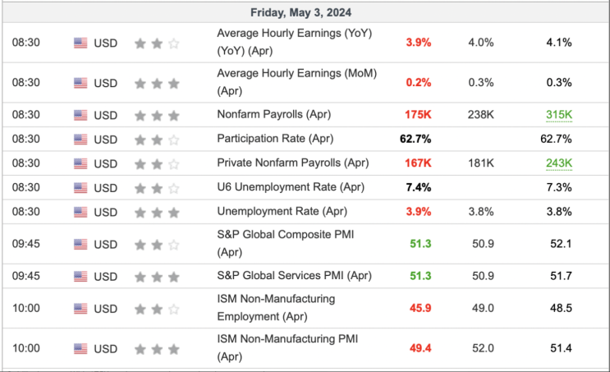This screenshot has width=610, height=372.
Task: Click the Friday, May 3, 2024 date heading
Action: (x=300, y=12)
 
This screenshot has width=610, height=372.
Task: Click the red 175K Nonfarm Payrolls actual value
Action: (x=418, y=115)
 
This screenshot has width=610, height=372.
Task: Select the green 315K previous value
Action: (x=559, y=115)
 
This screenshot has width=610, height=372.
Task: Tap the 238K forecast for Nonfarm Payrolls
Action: (x=481, y=115)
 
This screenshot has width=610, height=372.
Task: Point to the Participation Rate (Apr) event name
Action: (x=275, y=139)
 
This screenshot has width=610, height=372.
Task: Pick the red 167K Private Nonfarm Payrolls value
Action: (x=418, y=163)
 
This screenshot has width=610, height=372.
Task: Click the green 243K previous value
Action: (x=559, y=163)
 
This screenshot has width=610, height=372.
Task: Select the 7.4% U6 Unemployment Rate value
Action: (x=419, y=187)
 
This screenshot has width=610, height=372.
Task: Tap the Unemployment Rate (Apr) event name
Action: (x=282, y=211)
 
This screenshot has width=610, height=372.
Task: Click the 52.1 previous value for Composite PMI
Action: (x=561, y=244)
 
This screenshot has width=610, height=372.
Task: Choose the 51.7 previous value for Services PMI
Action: (x=561, y=276)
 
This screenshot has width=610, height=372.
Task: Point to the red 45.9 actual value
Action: (x=420, y=308)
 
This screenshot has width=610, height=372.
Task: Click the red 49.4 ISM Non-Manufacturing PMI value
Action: (x=420, y=348)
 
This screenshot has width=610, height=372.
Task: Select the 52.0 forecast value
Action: (x=484, y=348)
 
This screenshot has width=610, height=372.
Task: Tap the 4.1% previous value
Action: (x=559, y=43)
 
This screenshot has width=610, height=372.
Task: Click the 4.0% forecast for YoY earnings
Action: (x=481, y=43)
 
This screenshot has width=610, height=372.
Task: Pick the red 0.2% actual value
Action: (x=419, y=82)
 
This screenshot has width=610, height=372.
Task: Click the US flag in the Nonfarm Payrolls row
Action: (x=80, y=115)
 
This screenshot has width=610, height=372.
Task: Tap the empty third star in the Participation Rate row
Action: (x=173, y=140)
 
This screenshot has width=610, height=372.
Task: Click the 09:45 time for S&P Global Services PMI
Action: (x=26, y=276)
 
